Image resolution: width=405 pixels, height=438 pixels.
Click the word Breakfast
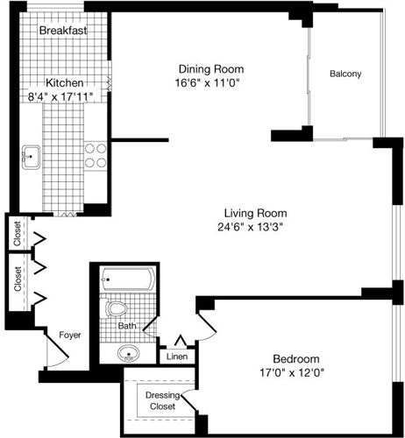62,30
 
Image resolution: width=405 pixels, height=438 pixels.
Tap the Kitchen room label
65,82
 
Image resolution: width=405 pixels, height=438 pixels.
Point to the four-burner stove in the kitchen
95,155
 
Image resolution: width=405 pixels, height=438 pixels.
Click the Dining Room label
210,69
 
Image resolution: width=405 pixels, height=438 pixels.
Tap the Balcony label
345,74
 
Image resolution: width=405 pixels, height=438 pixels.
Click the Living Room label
255,213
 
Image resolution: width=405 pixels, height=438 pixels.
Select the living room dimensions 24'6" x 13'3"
255,227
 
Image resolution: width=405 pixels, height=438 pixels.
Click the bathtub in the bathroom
128,282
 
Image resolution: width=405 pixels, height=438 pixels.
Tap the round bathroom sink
129,355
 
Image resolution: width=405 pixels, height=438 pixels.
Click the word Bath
129,327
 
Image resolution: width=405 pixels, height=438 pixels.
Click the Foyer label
71,335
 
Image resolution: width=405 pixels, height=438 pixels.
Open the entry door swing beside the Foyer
55,355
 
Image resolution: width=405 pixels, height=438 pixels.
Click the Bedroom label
295,359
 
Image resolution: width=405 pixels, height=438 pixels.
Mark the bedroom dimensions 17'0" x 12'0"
295,373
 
